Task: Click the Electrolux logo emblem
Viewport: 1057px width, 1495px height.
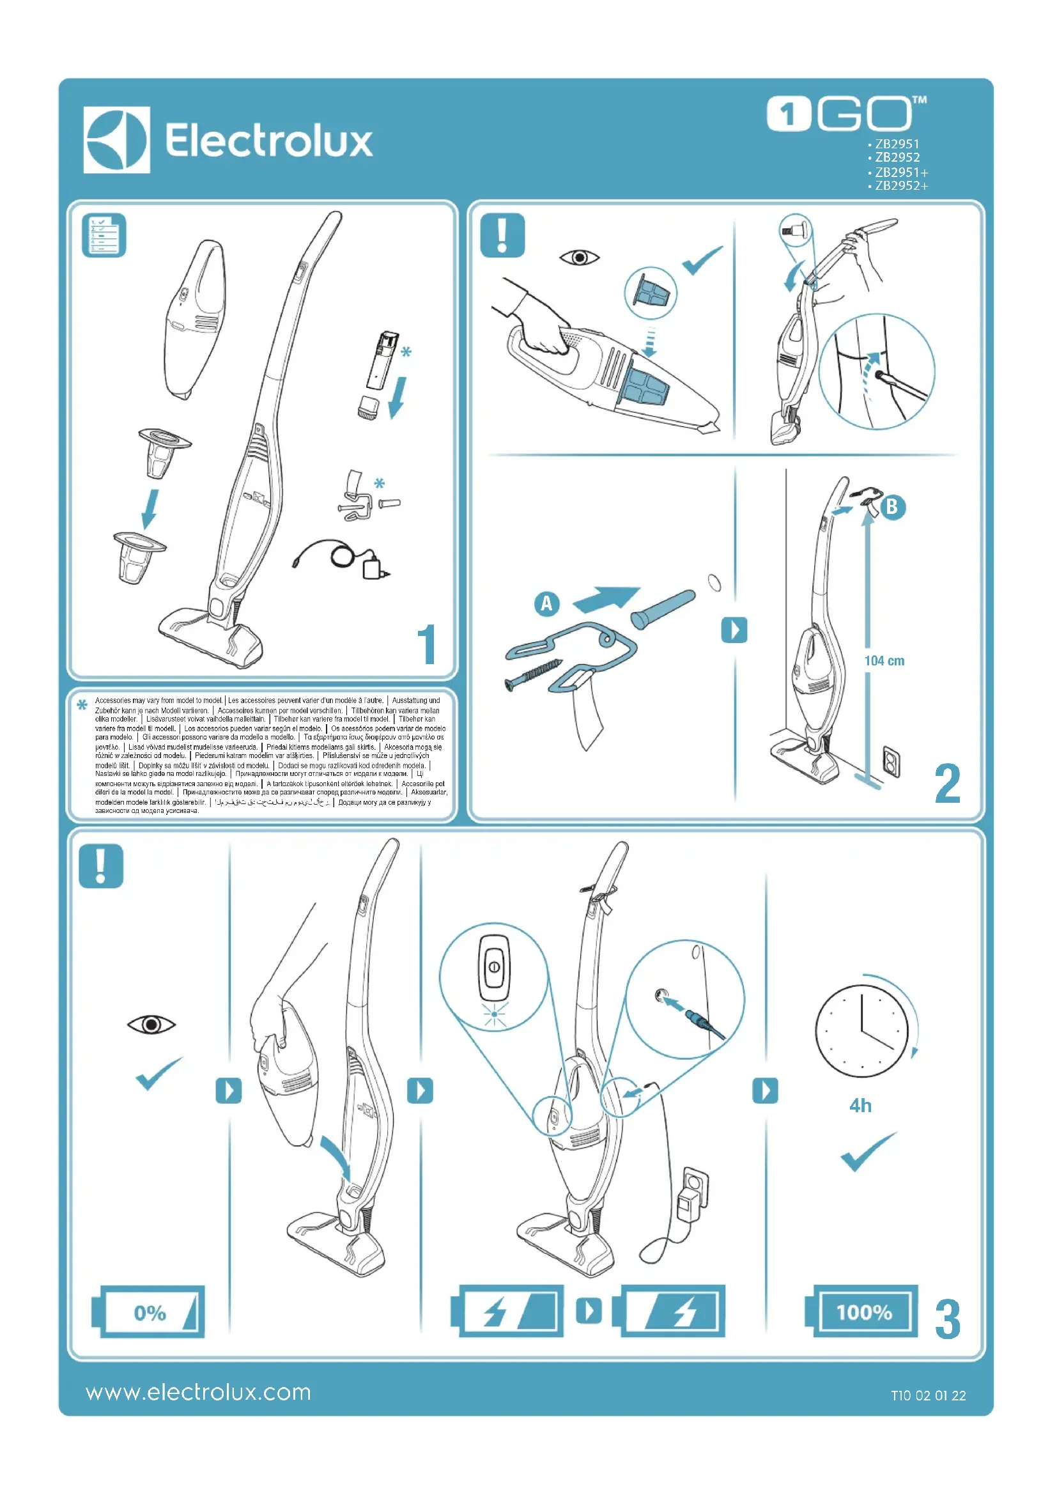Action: pos(116,140)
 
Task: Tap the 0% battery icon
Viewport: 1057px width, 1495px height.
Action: pos(149,1312)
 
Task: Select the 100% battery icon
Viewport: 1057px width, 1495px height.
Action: pos(863,1312)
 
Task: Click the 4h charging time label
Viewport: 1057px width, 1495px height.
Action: pos(860,1106)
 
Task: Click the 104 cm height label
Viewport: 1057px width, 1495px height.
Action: pos(884,661)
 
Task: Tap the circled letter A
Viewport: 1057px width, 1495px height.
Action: pos(547,603)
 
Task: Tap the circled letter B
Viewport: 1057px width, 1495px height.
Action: pos(892,507)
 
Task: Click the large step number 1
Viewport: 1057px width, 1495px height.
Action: pos(426,645)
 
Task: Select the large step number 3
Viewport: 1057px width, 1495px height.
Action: pos(947,1319)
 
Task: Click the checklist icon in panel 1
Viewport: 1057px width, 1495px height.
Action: pos(104,235)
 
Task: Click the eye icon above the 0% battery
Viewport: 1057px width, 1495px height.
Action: pos(151,1025)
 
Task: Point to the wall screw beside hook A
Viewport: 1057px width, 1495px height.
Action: pos(533,674)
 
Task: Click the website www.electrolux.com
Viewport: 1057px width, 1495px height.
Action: pos(199,1392)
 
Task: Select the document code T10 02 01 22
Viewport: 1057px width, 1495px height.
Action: pos(928,1395)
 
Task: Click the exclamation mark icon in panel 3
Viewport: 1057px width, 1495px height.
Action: pos(101,866)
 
